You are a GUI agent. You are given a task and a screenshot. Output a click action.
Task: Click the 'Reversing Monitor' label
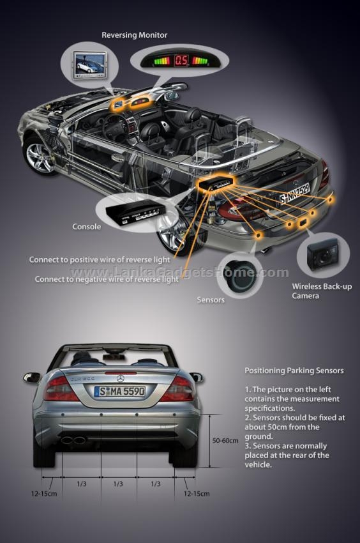coord(134,35)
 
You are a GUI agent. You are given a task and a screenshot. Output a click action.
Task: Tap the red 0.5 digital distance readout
coord(181,61)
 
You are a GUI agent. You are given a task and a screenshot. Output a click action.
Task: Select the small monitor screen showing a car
coord(90,65)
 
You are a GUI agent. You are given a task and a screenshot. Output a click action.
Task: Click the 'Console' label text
coord(87,227)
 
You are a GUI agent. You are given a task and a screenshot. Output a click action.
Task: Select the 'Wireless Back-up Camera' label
coord(322,291)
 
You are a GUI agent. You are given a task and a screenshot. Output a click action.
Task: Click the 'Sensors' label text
coord(211,300)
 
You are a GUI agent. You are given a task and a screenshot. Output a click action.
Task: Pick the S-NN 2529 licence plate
coord(295,193)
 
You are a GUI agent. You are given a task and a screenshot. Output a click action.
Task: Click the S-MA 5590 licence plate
coord(120,392)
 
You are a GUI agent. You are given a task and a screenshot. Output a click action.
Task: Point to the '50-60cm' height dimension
coord(225,441)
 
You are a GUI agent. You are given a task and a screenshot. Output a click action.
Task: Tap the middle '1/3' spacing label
coord(118,484)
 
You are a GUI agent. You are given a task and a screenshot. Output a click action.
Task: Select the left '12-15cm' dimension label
coord(44,493)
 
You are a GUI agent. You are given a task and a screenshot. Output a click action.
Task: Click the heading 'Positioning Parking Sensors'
coord(294,371)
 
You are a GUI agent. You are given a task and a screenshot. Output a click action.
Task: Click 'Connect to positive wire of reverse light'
coord(100,259)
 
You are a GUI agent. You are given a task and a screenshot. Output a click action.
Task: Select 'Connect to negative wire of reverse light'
coord(107,279)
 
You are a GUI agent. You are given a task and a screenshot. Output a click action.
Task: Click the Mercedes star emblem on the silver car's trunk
coord(120,378)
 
